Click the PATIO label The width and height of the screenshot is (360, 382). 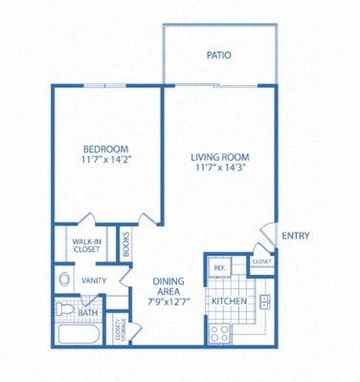[218, 55]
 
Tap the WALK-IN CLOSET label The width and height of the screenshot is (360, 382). [86, 245]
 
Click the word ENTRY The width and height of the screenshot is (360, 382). [293, 236]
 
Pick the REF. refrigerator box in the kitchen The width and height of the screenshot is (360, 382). [219, 267]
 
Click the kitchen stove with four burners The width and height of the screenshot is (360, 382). [218, 331]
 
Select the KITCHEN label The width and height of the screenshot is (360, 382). [229, 302]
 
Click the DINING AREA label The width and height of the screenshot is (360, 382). [169, 287]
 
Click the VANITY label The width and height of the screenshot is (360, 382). [94, 281]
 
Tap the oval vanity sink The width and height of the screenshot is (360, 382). [64, 281]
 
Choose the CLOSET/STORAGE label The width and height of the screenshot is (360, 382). [119, 330]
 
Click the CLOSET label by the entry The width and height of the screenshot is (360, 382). [260, 260]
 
